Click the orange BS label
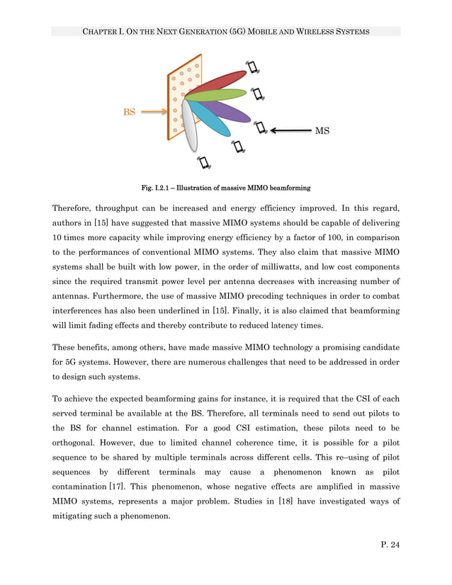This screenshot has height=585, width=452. [x=130, y=112]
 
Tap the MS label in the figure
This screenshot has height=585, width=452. [x=322, y=131]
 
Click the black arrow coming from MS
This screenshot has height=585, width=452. [x=290, y=130]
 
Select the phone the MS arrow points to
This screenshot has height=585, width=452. [x=260, y=127]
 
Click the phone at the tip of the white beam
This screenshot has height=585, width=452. [x=204, y=162]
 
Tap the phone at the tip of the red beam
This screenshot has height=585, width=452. [x=252, y=68]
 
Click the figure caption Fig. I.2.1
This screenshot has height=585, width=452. [x=226, y=188]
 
